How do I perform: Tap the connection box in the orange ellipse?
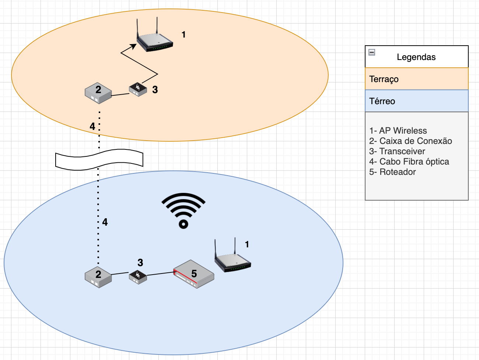98,93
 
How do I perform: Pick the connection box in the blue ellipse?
98,277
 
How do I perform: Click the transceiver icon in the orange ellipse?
138,89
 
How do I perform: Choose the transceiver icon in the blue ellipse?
138,277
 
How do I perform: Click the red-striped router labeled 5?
194,275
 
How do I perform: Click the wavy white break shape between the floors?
99,160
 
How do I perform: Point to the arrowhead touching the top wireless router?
133,46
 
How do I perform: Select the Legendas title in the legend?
416,57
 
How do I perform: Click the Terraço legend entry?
384,79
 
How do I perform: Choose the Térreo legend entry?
382,101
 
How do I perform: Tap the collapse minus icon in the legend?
372,52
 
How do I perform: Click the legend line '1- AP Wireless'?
398,131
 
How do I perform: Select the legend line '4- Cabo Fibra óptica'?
409,162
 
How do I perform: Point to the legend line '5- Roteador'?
392,172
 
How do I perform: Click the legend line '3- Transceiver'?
397,151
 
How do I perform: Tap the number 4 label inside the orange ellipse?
92,127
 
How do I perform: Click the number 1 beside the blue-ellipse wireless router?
247,244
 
